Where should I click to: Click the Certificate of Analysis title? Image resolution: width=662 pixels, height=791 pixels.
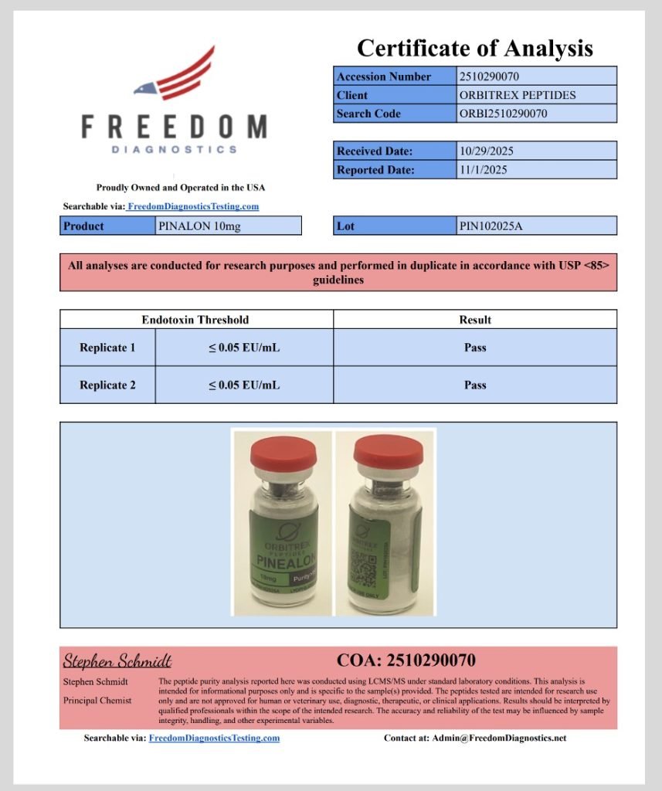point(474,49)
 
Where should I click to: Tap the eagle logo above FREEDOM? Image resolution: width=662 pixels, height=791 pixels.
point(175,76)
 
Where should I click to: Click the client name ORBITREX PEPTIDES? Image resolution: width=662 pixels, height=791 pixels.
point(517,95)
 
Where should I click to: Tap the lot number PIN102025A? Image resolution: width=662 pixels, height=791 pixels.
point(494,226)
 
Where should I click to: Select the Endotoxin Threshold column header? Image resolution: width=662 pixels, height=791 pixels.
point(195,319)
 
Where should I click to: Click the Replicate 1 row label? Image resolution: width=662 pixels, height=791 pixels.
point(107,348)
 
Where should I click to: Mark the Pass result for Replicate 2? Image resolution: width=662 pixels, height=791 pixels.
point(475,385)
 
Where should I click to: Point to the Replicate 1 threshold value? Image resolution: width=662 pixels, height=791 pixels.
point(243,348)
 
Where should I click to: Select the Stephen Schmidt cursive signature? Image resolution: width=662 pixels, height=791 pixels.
point(117,661)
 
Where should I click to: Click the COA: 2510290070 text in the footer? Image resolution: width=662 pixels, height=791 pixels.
point(406,660)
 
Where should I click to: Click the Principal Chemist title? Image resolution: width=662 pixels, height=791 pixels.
point(97,701)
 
